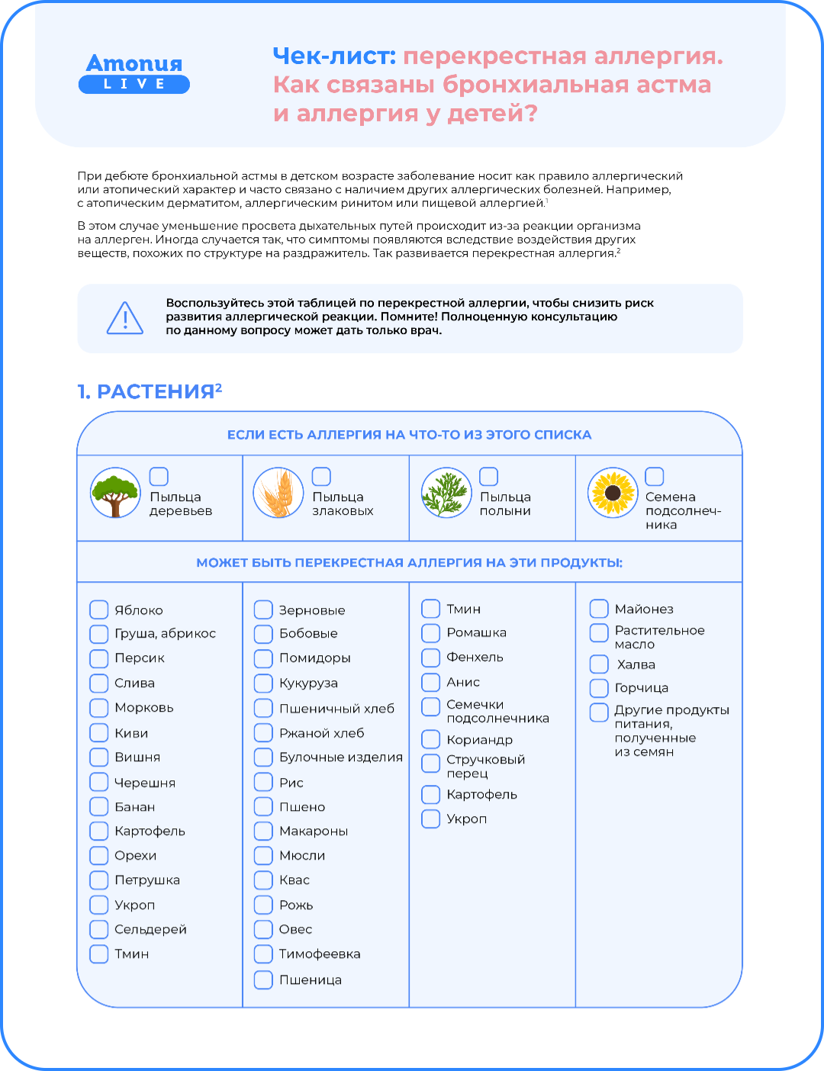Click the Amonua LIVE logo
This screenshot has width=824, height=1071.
point(134,73)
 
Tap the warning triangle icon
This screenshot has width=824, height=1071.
point(125,317)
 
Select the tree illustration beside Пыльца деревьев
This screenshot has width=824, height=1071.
point(115,493)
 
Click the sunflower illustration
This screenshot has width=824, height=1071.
point(613,493)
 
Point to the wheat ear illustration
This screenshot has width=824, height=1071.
point(278,493)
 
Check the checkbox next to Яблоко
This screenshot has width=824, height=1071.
point(99,609)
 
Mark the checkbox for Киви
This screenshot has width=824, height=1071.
point(99,733)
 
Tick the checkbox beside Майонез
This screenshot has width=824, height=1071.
point(599,609)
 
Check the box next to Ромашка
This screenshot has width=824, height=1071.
point(431,633)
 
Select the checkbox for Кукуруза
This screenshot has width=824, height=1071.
point(263,683)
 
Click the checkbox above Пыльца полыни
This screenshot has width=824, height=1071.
point(488,477)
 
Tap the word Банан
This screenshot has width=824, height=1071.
point(135,807)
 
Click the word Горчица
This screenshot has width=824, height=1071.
point(642,688)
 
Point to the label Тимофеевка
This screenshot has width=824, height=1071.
point(320,954)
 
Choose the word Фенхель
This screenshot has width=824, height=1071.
point(475,658)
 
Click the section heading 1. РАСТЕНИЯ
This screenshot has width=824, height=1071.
point(150,391)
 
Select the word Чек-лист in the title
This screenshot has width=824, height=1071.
point(334,56)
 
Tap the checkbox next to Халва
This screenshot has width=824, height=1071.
point(599,664)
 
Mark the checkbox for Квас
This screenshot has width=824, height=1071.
point(263,880)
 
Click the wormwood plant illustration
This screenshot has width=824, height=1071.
point(446,493)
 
